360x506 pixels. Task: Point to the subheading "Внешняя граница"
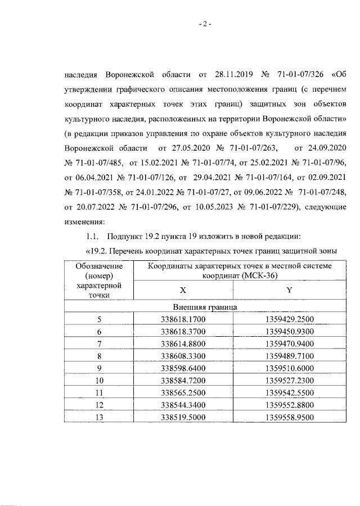coord(204,308)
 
